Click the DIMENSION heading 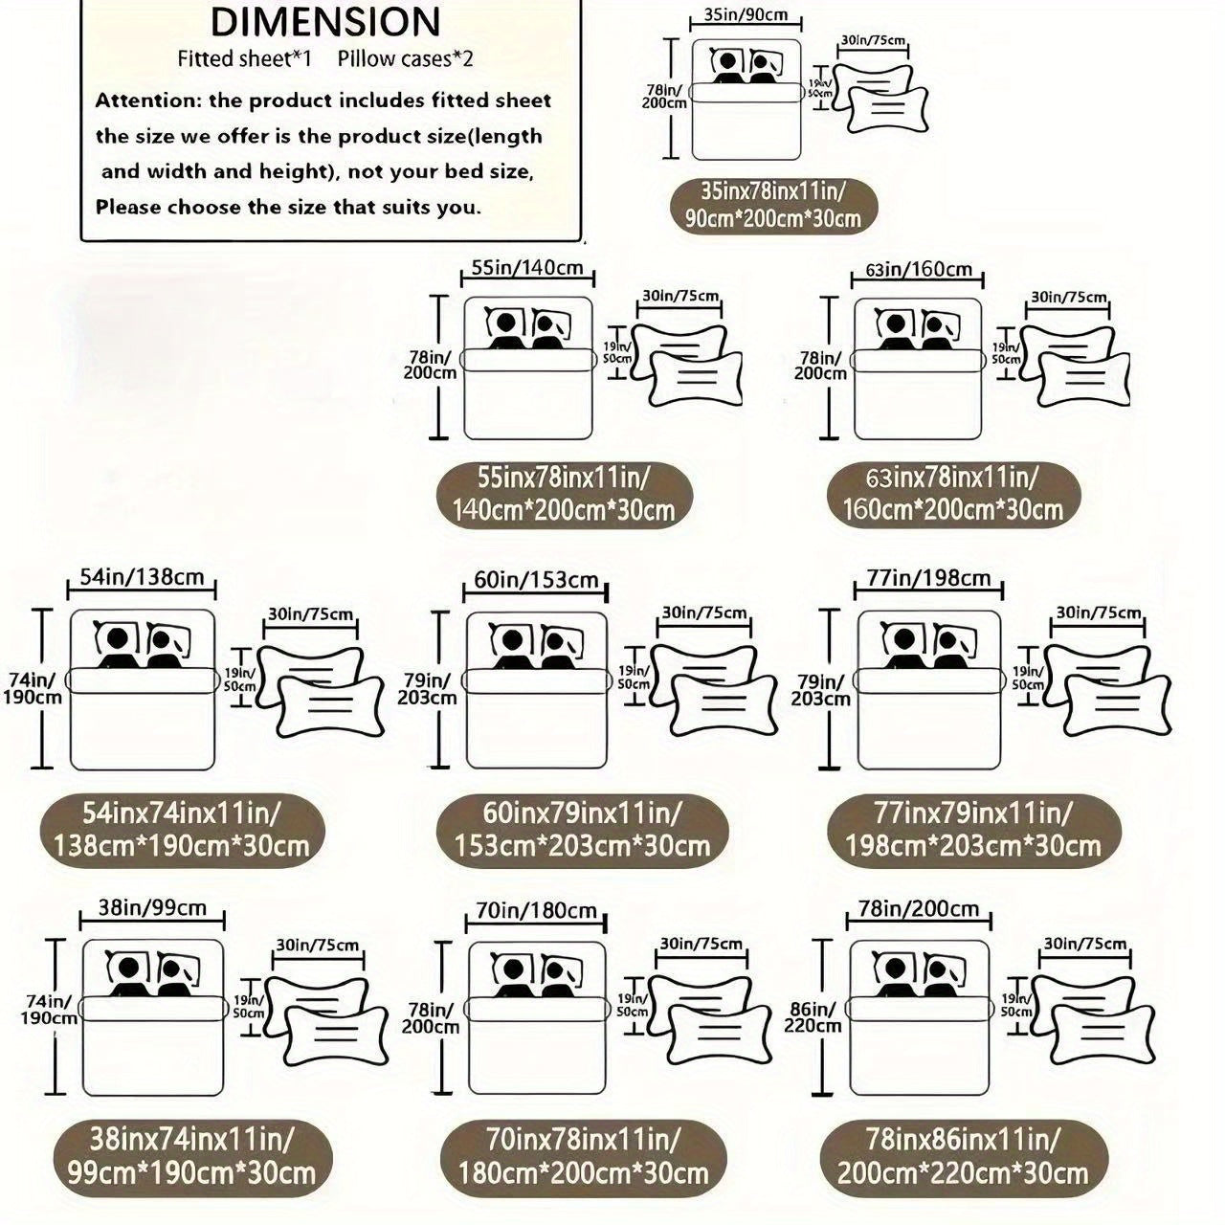(324, 22)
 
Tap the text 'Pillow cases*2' (406, 59)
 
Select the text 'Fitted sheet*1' (245, 59)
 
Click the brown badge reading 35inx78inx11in (773, 205)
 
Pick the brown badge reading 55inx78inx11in (564, 495)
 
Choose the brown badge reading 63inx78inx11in (953, 495)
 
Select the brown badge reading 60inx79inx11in (582, 831)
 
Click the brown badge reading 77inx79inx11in (973, 831)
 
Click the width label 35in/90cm (746, 14)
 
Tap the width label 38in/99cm (152, 908)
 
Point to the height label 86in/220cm (813, 1017)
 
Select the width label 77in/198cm (928, 578)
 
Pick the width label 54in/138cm (142, 577)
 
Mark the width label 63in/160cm (919, 270)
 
